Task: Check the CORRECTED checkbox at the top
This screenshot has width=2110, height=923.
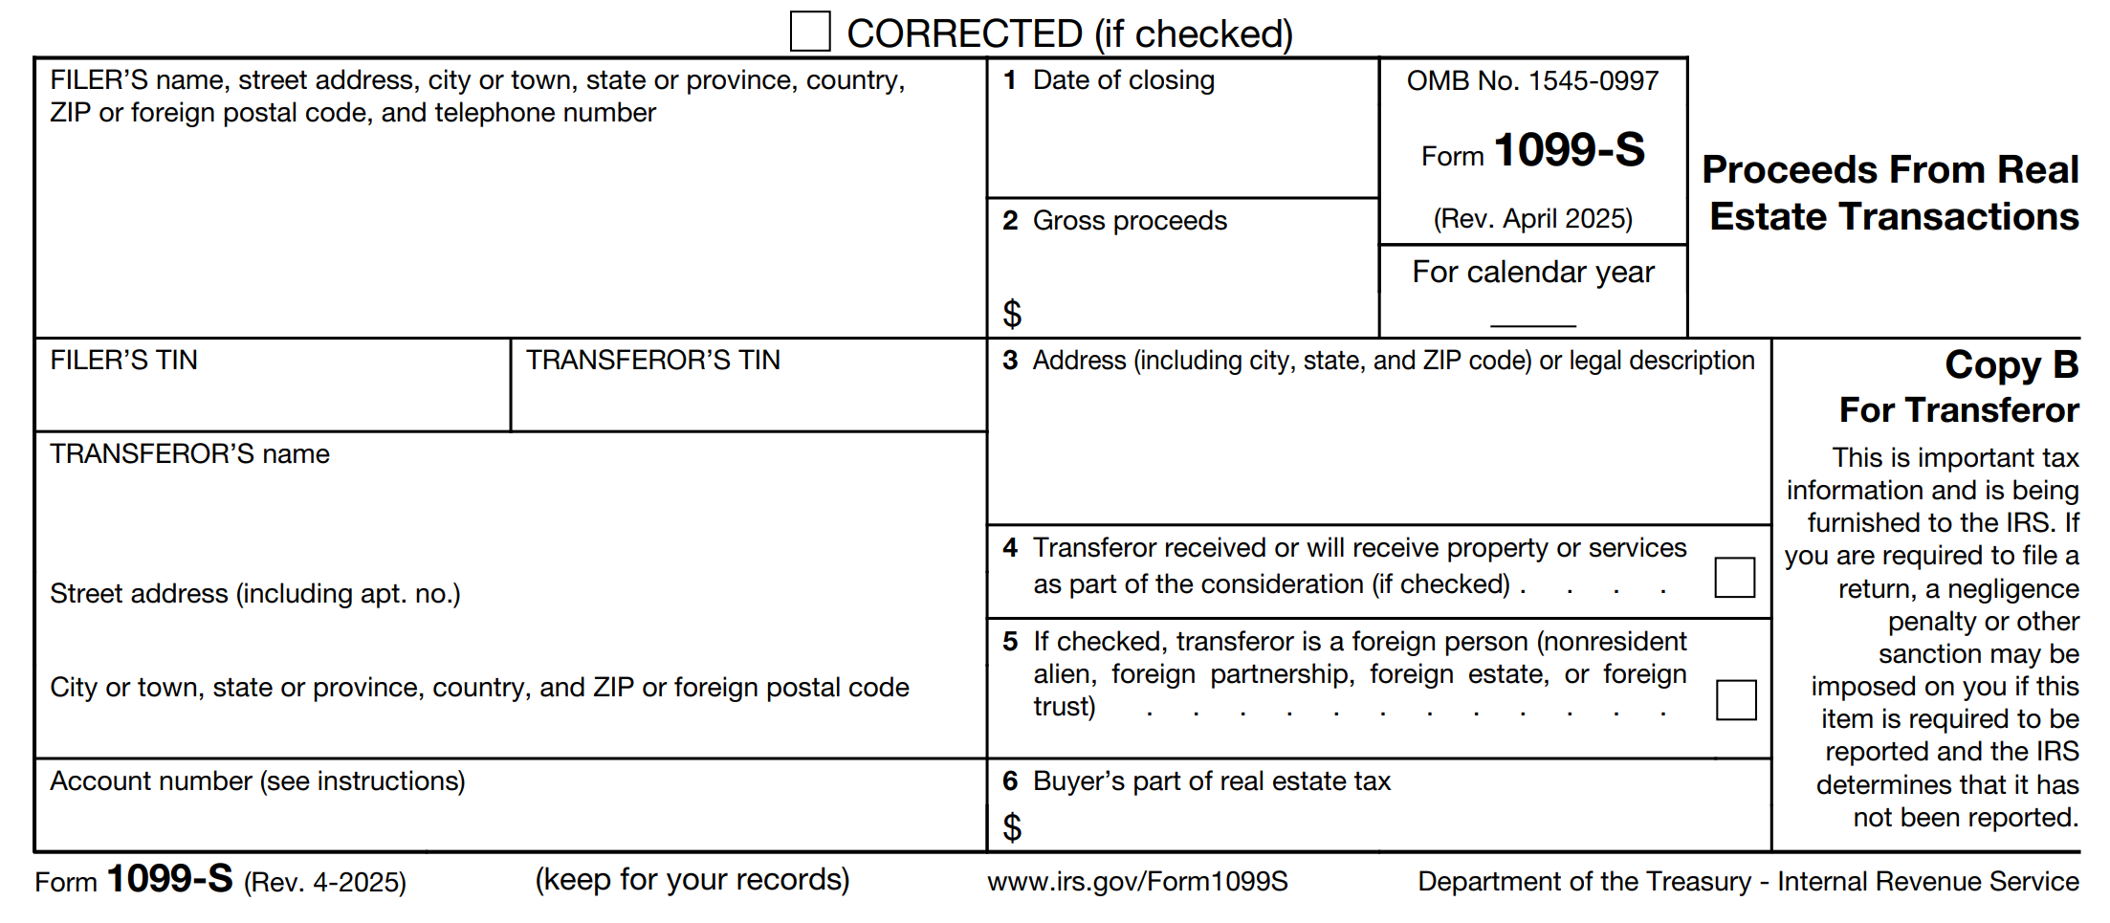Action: [809, 32]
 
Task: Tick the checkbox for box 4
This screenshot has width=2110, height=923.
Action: [1734, 577]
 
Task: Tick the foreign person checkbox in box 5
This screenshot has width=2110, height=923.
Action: [1735, 699]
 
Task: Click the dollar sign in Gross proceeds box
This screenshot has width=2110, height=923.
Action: [1012, 314]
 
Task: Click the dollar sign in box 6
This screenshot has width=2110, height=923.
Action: [1012, 827]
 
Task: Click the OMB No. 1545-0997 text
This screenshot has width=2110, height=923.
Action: [1532, 81]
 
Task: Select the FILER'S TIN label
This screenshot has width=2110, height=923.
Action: [123, 361]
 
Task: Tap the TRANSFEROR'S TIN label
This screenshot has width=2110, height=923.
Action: [653, 361]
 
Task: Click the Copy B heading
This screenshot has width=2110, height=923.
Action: [2011, 364]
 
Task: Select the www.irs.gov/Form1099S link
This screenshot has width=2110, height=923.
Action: [1137, 881]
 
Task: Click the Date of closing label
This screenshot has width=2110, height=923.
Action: [1123, 80]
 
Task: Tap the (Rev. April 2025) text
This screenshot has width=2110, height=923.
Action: [1532, 219]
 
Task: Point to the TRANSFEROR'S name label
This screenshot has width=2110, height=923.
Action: [189, 454]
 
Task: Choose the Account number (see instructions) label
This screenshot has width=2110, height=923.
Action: [257, 781]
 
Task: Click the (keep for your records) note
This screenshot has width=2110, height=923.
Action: [692, 880]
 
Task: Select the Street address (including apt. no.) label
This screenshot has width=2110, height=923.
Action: [255, 594]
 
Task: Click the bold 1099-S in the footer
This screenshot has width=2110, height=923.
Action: [169, 879]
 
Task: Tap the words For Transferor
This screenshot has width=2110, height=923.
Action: [1958, 410]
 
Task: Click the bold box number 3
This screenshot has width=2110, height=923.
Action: [1010, 361]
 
